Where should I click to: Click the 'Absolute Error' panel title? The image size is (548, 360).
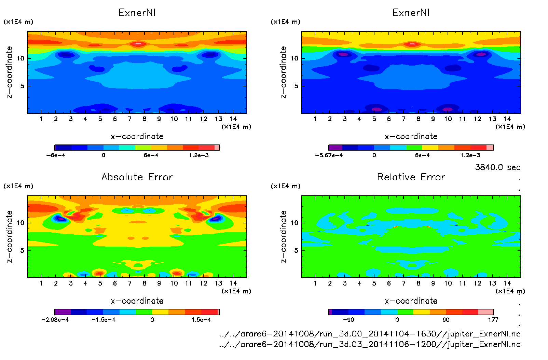(137, 177)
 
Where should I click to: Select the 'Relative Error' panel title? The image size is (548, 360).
(411, 177)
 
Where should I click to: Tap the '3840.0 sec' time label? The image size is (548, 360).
(497, 167)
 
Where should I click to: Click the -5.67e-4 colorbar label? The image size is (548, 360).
(329, 155)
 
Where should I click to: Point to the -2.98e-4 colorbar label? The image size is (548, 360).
(55, 320)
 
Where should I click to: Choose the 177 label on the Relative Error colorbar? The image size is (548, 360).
(493, 320)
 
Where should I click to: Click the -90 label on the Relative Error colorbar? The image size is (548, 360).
(348, 320)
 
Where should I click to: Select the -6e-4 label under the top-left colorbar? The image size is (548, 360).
(56, 155)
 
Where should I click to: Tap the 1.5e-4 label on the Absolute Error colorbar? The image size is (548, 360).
(201, 320)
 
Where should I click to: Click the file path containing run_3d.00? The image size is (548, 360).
(370, 334)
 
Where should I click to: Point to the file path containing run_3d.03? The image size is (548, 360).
(370, 344)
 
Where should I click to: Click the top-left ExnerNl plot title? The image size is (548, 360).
(137, 13)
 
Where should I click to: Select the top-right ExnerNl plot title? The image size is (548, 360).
(411, 13)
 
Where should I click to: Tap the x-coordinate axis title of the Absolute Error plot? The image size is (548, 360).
(137, 301)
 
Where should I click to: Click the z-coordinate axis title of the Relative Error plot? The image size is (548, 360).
(283, 236)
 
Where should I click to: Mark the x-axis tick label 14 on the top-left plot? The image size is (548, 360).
(233, 119)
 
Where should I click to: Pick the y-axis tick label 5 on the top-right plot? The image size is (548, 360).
(296, 86)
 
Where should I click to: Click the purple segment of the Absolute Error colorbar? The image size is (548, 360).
(63, 312)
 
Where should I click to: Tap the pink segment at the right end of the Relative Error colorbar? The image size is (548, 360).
(485, 312)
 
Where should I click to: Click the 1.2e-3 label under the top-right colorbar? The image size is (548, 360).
(470, 155)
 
